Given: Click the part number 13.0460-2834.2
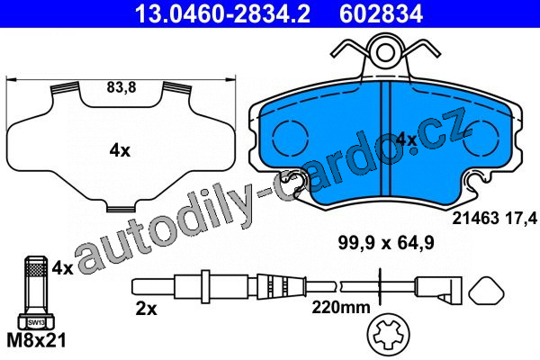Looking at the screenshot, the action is click(222, 13).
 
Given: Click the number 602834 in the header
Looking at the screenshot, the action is click(382, 13).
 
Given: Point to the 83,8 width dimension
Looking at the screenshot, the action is click(121, 87).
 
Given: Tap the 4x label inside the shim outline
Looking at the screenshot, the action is click(120, 151).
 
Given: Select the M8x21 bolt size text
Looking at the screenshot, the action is click(36, 341).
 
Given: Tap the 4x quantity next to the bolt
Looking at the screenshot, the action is click(62, 268).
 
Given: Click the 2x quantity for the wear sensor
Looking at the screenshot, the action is click(146, 309).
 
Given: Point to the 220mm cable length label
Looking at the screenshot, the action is click(341, 307).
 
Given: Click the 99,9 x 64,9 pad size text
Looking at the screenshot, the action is click(386, 244).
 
